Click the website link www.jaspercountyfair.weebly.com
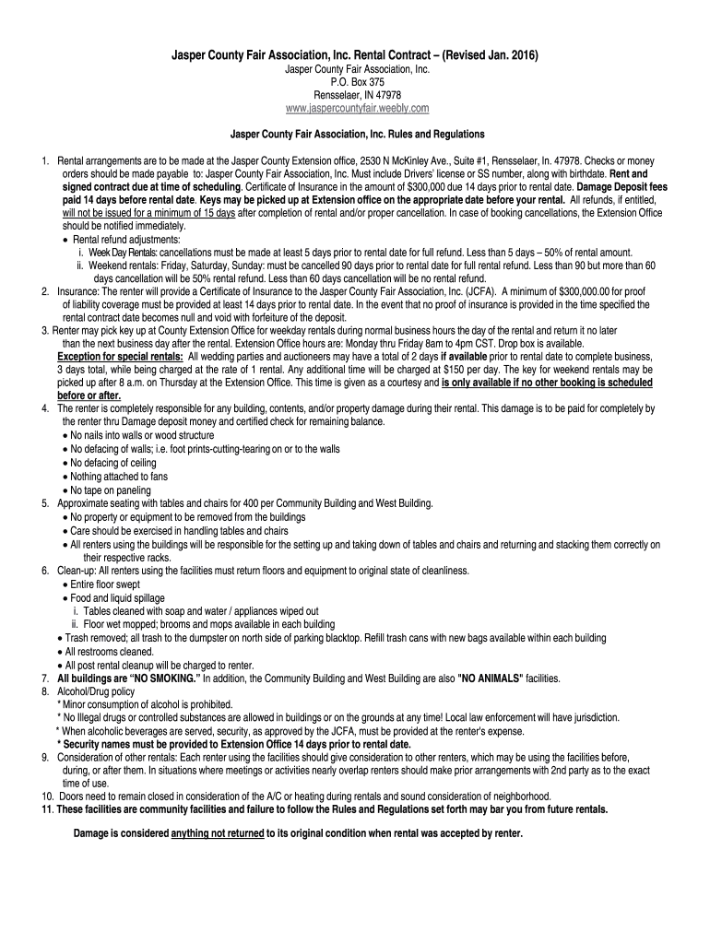pyautogui.click(x=355, y=109)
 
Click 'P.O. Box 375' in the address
pyautogui.click(x=355, y=82)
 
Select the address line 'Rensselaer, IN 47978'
pyautogui.click(x=355, y=95)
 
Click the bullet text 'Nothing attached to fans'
pyautogui.click(x=119, y=477)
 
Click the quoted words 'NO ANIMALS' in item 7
pyautogui.click(x=489, y=678)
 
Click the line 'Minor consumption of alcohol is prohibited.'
pyautogui.click(x=148, y=704)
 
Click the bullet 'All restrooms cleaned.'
pyautogui.click(x=109, y=651)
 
